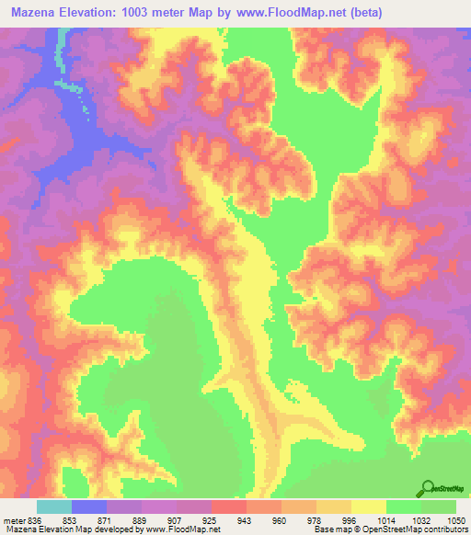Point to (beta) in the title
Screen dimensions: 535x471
(x=362, y=13)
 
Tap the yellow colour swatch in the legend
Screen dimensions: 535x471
(x=368, y=507)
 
